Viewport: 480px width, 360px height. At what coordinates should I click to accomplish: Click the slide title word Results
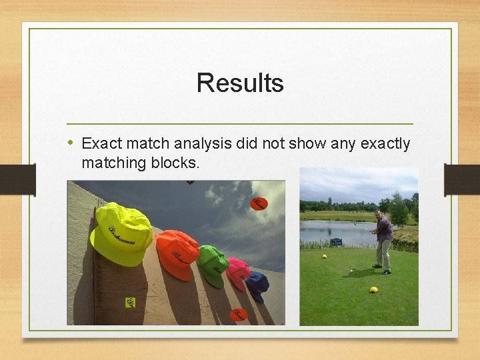240,83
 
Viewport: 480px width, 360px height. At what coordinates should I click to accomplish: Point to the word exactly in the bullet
386,143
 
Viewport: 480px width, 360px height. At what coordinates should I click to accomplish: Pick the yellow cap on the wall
121,233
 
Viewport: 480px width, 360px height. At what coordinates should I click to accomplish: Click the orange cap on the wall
177,253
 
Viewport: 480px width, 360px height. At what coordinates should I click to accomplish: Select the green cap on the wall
213,264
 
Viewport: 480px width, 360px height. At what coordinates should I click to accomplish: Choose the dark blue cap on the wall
257,285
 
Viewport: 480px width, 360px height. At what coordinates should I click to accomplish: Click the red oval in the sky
259,203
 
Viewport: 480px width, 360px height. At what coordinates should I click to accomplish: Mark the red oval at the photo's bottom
238,314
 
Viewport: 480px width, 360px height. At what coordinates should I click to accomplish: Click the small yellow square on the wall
130,303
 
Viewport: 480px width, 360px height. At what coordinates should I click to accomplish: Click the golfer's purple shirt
384,229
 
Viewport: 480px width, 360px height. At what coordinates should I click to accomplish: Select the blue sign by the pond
336,242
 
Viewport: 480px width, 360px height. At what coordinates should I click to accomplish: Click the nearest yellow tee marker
374,289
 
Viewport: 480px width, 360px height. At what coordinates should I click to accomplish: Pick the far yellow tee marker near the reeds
324,256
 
